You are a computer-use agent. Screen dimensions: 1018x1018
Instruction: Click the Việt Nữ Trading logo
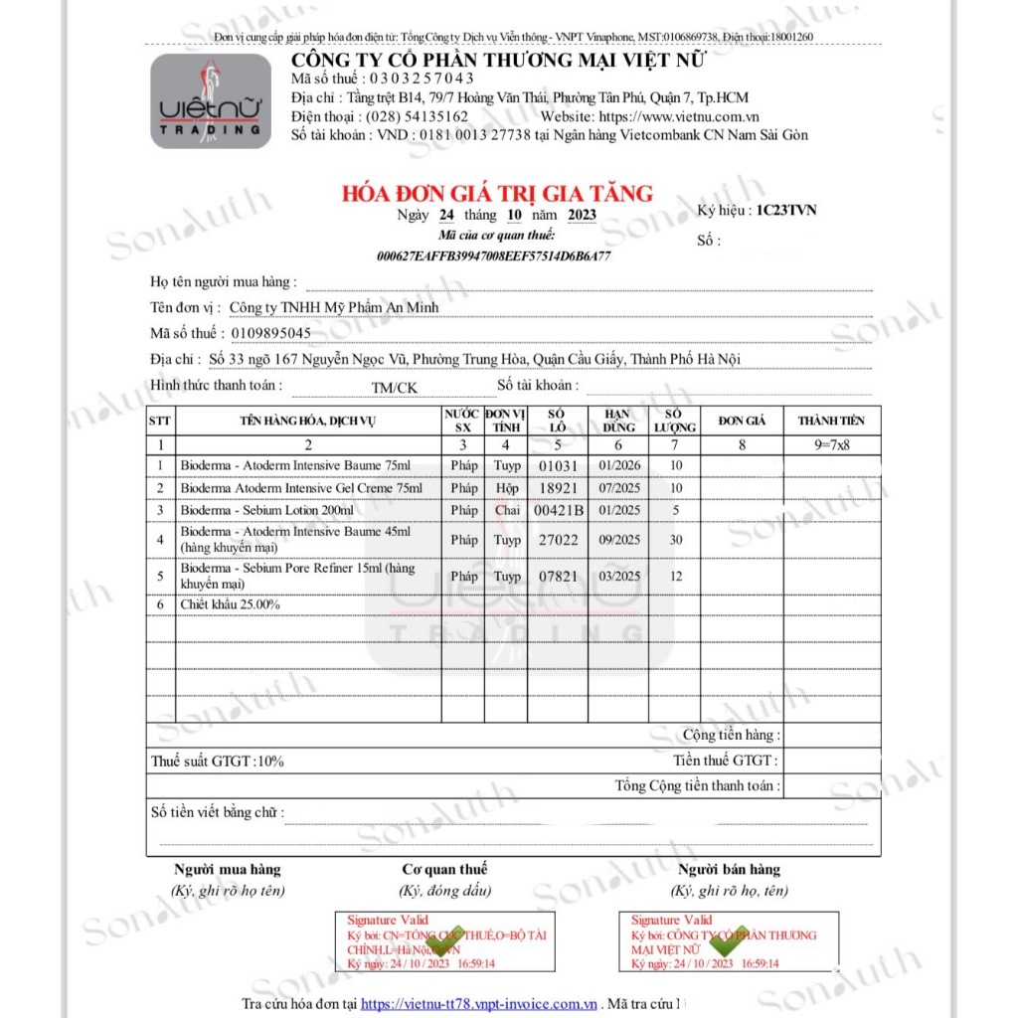click(x=211, y=101)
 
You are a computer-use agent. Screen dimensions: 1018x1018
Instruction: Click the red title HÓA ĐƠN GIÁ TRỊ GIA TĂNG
click(x=498, y=193)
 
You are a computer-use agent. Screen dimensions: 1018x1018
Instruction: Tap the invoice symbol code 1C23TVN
click(x=785, y=211)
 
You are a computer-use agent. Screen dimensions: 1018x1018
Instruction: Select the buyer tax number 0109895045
click(x=270, y=333)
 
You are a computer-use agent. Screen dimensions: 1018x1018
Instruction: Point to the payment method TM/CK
click(x=395, y=388)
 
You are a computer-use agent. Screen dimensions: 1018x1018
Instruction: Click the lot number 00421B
click(x=558, y=510)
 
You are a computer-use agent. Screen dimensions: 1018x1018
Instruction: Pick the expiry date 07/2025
click(x=619, y=488)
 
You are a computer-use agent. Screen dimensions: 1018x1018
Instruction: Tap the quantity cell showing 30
click(x=676, y=540)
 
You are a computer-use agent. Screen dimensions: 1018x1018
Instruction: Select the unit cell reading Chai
click(x=507, y=510)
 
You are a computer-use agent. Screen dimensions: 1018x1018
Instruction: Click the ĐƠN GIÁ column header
click(x=742, y=421)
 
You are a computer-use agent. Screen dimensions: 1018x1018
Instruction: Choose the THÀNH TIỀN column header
click(x=831, y=421)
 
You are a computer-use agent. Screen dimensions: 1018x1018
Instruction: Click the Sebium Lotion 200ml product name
click(x=266, y=510)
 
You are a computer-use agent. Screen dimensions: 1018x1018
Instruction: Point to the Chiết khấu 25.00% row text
click(x=230, y=604)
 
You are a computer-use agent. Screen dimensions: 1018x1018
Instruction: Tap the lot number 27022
click(x=558, y=540)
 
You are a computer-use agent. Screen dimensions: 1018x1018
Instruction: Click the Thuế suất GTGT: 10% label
click(x=218, y=762)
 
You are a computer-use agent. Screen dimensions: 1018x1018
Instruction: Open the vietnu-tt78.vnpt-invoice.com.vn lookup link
click(x=479, y=1004)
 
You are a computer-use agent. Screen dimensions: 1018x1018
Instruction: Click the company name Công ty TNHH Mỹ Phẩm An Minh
click(x=333, y=307)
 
